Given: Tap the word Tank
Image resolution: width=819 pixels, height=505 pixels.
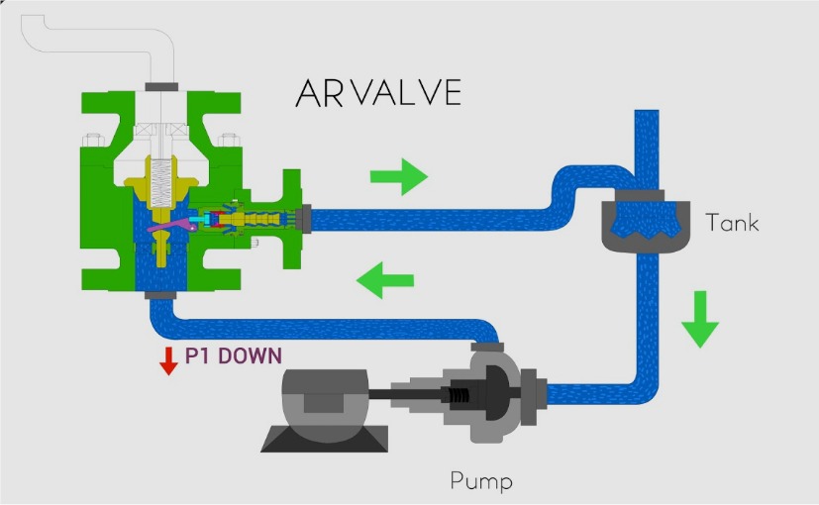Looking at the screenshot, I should pos(732,223).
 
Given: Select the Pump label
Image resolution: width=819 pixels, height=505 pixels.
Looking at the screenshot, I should pos(482,483).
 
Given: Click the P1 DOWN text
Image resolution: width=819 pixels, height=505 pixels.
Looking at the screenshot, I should pos(234,355).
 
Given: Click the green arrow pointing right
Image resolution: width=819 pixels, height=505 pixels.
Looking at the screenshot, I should pos(398,177).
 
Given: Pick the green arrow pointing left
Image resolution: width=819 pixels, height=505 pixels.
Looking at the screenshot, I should pos(384,280).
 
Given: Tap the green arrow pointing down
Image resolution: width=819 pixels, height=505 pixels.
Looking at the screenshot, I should pos(700,318).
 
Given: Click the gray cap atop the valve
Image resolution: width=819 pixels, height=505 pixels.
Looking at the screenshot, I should pos(160,87).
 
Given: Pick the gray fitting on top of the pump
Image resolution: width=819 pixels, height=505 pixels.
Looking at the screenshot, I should pos(487,345).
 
